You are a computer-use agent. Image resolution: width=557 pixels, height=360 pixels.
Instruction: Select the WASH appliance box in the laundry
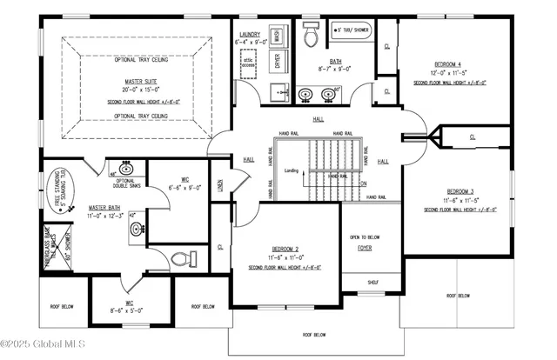[x=277, y=37]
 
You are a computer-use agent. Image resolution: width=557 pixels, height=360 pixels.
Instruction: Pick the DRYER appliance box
[x=277, y=61]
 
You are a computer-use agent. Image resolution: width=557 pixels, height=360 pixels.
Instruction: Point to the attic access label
[x=249, y=62]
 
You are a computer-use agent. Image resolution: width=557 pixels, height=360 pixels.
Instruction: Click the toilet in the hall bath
[x=310, y=32]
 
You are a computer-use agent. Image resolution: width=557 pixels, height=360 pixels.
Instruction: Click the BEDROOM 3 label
[x=460, y=191]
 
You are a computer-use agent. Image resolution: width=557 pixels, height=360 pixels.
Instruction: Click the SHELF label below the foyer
[x=372, y=282]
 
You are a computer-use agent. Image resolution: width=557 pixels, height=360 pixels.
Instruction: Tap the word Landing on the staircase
[x=292, y=170]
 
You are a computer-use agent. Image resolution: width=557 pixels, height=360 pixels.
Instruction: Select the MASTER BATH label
[x=104, y=208]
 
